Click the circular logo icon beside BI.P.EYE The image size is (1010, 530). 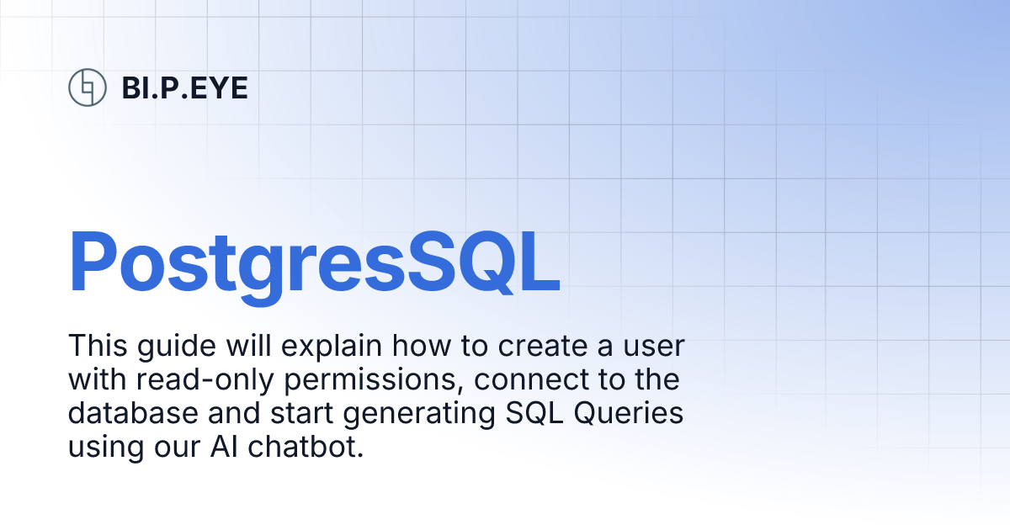tap(88, 87)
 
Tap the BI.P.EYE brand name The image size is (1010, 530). tap(185, 87)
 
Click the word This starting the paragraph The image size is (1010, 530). tap(98, 346)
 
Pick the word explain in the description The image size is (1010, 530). tap(332, 347)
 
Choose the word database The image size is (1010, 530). tap(133, 413)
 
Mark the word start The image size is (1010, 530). tap(301, 414)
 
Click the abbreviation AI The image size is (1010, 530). tap(224, 447)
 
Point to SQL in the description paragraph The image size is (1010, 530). tap(534, 413)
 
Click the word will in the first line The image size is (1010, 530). tap(248, 346)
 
